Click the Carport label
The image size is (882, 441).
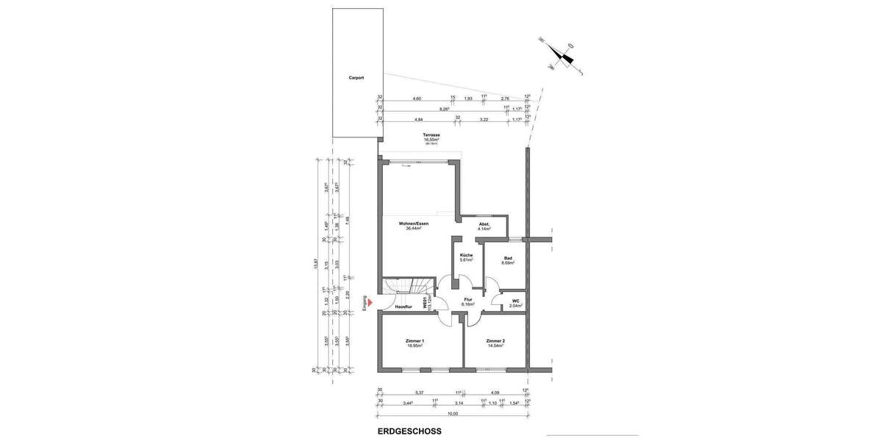356,77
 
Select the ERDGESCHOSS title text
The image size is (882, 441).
409,431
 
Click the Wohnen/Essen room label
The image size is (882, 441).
414,223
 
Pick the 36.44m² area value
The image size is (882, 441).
414,229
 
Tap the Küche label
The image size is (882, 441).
466,255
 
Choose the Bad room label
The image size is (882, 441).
507,258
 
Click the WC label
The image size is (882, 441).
515,300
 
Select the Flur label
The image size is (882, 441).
467,299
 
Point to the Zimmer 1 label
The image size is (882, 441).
415,341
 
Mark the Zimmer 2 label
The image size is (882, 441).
495,341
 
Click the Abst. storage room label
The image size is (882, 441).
484,224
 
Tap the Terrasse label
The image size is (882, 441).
431,135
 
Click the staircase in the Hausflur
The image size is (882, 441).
408,287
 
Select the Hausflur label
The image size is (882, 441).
404,306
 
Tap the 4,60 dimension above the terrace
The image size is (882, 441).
417,98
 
